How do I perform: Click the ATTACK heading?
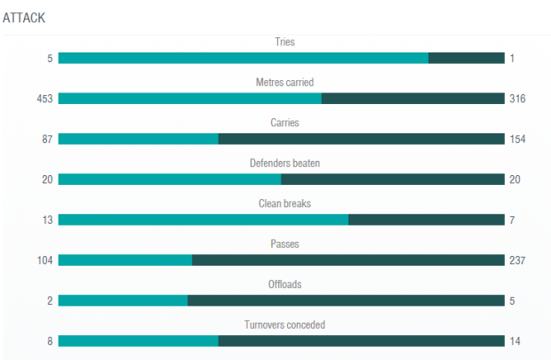[x=24, y=18]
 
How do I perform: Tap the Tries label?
[x=284, y=42]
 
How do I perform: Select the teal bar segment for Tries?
[x=244, y=58]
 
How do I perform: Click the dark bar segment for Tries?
[x=467, y=58]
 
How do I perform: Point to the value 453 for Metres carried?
[x=44, y=99]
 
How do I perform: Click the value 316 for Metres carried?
[x=517, y=99]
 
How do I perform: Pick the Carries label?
[x=284, y=123]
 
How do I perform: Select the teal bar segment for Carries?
[x=138, y=139]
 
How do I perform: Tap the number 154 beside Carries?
[x=517, y=139]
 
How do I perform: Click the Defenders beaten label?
[x=284, y=164]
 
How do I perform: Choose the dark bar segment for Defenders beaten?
[x=393, y=180]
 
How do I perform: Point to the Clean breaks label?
[x=284, y=204]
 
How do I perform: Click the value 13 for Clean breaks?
[x=47, y=220]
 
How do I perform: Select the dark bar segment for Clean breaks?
[x=427, y=220]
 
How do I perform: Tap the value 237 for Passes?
[x=517, y=260]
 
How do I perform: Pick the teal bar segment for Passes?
[x=125, y=260]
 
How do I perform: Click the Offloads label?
[x=284, y=284]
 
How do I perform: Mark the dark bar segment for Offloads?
[x=346, y=300]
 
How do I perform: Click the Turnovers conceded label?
[x=284, y=324]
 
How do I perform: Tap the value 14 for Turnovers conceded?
[x=515, y=341]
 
